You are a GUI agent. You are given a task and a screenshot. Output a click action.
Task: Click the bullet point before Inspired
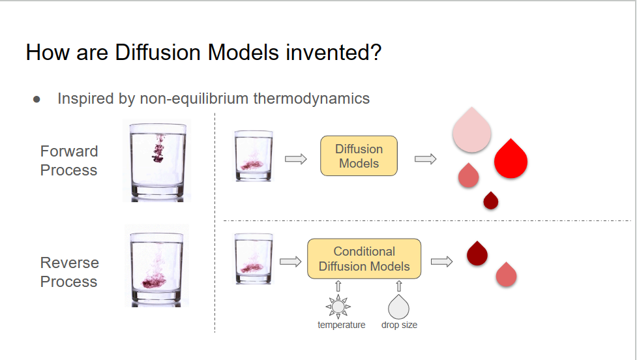tap(37, 100)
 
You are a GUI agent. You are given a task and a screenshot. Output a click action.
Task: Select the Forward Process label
tap(68, 160)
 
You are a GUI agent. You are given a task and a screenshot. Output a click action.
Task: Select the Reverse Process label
tap(69, 272)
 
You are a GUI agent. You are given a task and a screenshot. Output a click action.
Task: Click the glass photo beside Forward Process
tap(156, 160)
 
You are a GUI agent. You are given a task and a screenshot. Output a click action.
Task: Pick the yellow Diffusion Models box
tap(359, 156)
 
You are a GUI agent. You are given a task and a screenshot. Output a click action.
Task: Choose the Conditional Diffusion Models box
tap(364, 259)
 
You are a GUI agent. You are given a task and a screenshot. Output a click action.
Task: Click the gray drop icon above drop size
tap(398, 307)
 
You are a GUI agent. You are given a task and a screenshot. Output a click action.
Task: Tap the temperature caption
tap(342, 325)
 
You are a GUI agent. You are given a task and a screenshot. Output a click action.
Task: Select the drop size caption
tap(399, 325)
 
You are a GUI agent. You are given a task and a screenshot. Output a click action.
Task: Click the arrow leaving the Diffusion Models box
tap(425, 158)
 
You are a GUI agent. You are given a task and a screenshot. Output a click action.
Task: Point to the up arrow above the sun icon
tap(338, 286)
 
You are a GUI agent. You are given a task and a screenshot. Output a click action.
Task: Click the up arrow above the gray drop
tap(399, 286)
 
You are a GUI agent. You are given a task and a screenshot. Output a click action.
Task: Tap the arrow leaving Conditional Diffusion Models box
tap(441, 262)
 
